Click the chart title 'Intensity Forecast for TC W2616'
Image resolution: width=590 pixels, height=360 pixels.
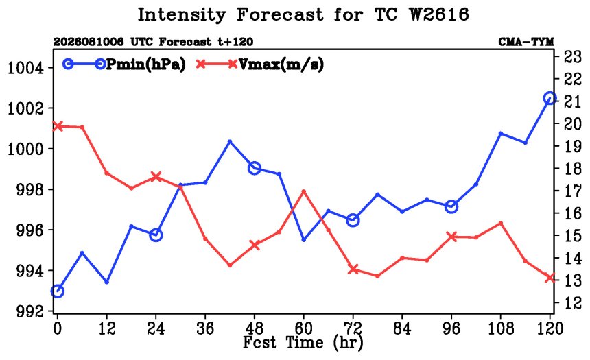pos(303,15)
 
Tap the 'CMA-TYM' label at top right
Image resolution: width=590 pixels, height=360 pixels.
pos(526,41)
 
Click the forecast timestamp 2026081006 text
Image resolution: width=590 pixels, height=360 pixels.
pos(88,41)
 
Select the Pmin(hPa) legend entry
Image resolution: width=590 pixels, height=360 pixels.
pos(124,64)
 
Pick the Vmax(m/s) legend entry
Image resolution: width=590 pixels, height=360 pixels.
pos(259,64)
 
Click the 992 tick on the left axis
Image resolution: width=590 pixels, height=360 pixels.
pos(29,311)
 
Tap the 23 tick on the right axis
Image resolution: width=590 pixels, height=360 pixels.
pos(572,57)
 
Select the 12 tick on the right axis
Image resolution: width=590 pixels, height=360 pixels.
pos(572,303)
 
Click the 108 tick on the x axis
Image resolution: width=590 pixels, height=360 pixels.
pos(500,328)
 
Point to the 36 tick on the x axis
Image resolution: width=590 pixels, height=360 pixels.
pos(205,328)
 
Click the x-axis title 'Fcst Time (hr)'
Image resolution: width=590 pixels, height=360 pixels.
pos(303,343)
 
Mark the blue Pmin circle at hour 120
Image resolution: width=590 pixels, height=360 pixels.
pos(550,98)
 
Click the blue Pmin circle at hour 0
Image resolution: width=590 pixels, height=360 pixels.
pos(57,291)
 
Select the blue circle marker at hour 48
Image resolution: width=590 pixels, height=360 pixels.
pos(255,168)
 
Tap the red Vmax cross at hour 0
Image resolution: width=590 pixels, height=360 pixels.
pos(57,126)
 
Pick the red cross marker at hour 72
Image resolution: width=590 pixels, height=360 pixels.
pos(353,269)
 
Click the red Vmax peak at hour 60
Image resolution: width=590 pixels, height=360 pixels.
pos(304,191)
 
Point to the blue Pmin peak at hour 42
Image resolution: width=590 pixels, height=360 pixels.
pos(230,141)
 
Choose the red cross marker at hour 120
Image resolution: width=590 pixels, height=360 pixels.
pos(550,278)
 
